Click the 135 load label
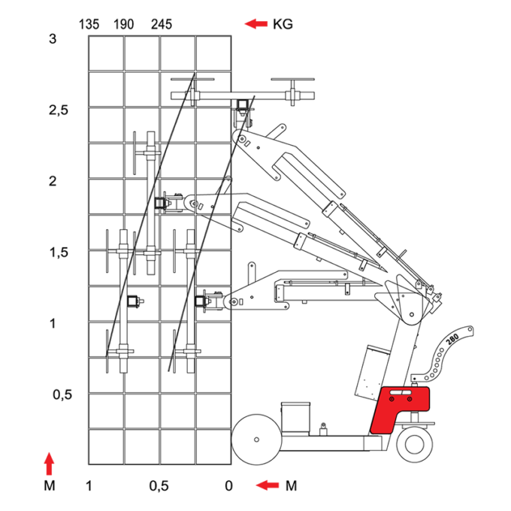[x=89, y=25]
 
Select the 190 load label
[x=123, y=25]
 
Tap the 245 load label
[x=162, y=25]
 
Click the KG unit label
[x=283, y=24]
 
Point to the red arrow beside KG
[x=256, y=24]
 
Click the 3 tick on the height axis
[x=53, y=39]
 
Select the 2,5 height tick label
[x=59, y=110]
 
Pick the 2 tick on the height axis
[x=53, y=181]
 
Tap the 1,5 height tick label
[x=59, y=252]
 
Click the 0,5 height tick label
[x=62, y=395]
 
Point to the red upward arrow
[x=49, y=464]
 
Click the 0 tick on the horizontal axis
[x=228, y=486]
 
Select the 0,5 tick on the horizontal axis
[x=159, y=486]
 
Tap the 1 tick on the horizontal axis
[x=89, y=486]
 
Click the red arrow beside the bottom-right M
[x=268, y=485]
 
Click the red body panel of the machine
[x=400, y=410]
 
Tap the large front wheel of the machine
[x=256, y=440]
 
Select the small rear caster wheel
[x=415, y=444]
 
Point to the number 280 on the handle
[x=452, y=339]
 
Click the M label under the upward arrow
[x=49, y=486]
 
